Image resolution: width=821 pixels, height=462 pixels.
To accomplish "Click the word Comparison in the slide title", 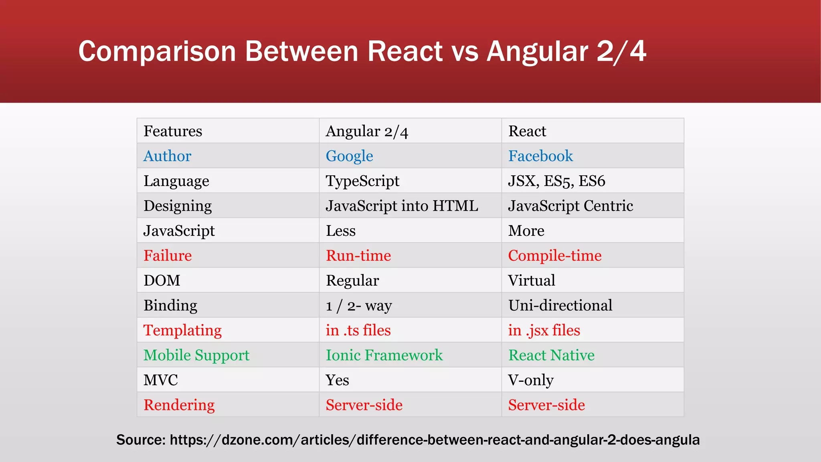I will [157, 51].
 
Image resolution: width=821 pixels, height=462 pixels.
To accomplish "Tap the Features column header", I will [173, 131].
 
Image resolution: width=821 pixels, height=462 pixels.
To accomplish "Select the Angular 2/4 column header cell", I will [367, 131].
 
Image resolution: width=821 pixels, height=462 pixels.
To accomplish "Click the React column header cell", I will [527, 131].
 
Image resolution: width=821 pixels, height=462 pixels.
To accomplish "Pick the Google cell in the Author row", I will [349, 156].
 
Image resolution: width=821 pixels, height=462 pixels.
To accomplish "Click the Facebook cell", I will [540, 156].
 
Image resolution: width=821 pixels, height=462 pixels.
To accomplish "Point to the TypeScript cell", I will [362, 181].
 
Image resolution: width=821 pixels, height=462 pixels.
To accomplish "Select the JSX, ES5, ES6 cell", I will [556, 181].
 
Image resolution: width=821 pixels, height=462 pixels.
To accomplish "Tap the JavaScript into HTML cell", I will [402, 206].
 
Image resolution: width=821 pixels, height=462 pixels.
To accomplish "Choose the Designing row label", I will [178, 206].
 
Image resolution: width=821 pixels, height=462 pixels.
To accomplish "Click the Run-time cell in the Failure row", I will [358, 255].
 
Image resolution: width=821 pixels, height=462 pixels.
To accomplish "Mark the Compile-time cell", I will [555, 255].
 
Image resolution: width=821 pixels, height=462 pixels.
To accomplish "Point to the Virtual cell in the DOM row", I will [532, 280].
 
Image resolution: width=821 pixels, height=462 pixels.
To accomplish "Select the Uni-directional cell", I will [560, 305].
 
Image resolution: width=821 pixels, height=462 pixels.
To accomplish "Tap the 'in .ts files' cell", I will [358, 330].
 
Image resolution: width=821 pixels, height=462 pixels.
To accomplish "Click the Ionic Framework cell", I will [384, 355].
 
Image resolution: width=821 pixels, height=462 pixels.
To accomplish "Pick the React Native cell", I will [551, 355].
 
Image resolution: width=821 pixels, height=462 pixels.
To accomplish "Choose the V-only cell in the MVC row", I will [531, 380].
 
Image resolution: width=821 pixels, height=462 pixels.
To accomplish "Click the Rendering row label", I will [179, 405].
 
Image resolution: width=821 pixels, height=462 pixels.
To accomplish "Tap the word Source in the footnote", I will [140, 440].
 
